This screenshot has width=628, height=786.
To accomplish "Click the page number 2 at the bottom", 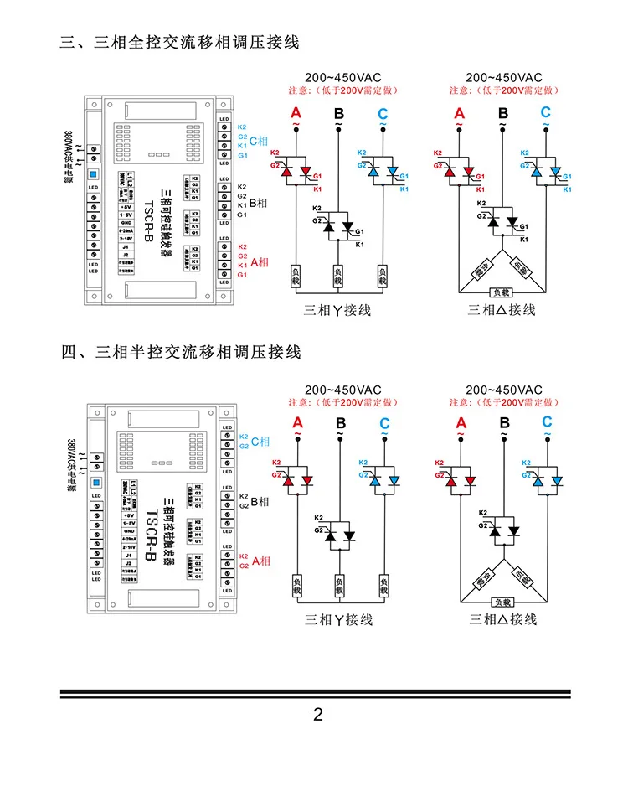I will coord(317,715).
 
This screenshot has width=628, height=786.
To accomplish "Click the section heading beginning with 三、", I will coord(180,42).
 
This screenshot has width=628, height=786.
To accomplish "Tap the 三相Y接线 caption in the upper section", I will coord(337,310).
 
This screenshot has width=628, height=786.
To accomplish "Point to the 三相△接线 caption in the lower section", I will coord(502,619).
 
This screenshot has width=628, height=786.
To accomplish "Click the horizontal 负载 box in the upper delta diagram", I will coord(501,292).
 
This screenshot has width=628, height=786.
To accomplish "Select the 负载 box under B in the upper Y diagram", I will coord(338,275).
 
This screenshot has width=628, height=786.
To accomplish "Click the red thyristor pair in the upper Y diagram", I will coord(296,172).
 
